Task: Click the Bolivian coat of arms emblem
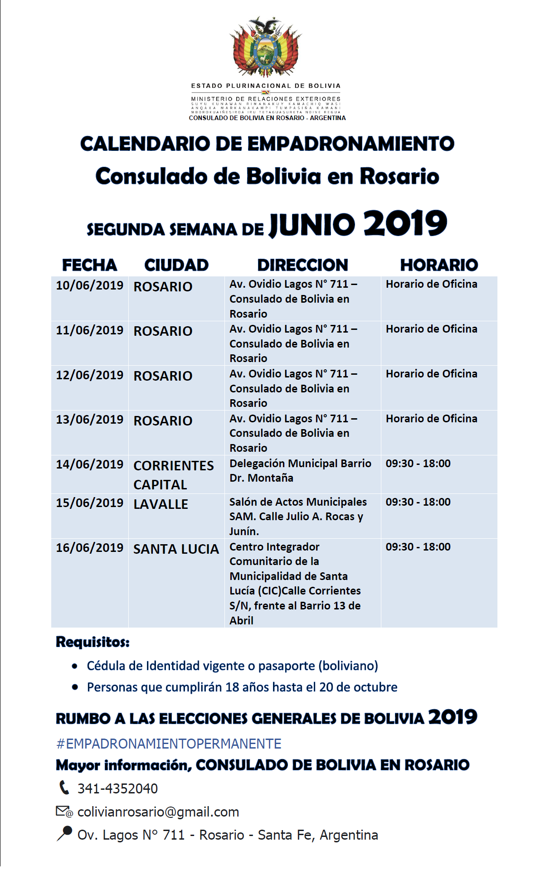coord(266,48)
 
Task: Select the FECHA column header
coord(89,265)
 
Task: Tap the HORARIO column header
coord(438,265)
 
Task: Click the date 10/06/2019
coord(89,285)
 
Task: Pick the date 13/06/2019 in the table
coord(89,420)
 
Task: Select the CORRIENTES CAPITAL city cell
coord(173,475)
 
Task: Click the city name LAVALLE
coord(161,504)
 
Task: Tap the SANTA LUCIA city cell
coord(176,549)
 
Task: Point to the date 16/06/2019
coord(89,548)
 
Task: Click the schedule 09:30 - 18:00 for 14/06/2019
coord(418,464)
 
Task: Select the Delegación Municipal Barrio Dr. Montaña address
coord(300,471)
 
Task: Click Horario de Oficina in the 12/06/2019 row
coord(431,374)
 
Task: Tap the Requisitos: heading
coord(92,642)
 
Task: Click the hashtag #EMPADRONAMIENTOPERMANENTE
coord(169,744)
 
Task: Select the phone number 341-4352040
coord(117,789)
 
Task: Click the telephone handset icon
coord(64,788)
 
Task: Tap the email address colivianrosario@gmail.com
coord(158,812)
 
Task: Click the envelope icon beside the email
coord(63,811)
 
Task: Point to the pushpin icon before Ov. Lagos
coord(64,834)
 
